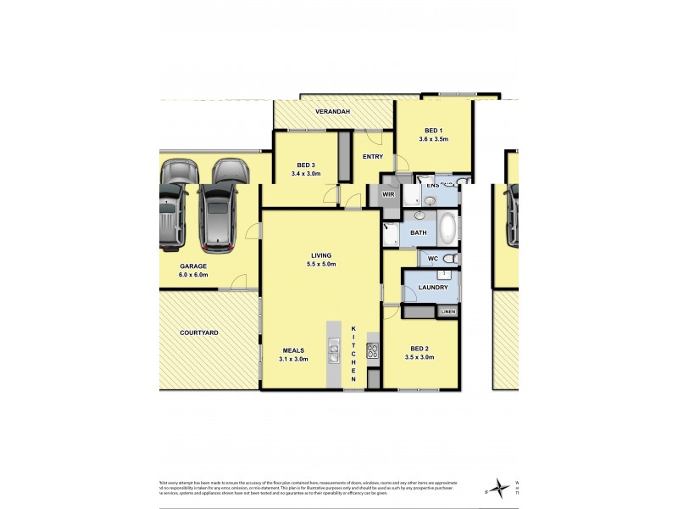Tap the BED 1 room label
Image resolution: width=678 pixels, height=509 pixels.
(x=433, y=130)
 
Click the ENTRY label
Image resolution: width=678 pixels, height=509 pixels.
(x=373, y=157)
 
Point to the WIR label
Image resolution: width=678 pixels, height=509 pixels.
(x=389, y=194)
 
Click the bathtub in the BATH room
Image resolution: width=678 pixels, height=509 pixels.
(x=447, y=229)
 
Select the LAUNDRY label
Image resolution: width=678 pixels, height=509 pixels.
(x=432, y=288)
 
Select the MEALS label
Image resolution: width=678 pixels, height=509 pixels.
(x=294, y=350)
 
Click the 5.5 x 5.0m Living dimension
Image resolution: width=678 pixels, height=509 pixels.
(x=320, y=264)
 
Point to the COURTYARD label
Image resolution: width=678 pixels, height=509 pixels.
(x=199, y=333)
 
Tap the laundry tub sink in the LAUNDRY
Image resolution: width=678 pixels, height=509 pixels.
(x=443, y=273)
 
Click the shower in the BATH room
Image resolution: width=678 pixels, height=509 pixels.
(x=392, y=233)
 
